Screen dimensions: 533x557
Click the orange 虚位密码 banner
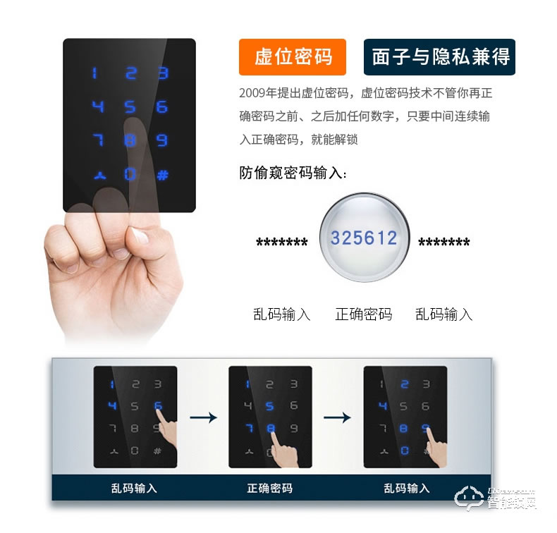(x=293, y=56)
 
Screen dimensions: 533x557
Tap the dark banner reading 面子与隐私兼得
(x=439, y=56)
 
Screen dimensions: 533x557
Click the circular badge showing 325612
(x=364, y=238)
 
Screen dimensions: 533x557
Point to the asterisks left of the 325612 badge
(x=282, y=243)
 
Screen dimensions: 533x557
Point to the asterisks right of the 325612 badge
(x=444, y=243)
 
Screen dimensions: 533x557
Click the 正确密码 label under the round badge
(x=363, y=314)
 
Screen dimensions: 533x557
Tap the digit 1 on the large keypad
(x=95, y=74)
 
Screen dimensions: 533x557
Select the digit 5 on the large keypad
(x=130, y=107)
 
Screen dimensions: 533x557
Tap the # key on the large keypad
(x=162, y=173)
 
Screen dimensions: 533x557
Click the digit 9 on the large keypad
(x=162, y=140)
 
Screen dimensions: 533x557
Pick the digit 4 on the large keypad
(x=97, y=107)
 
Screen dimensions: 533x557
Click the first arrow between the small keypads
(x=203, y=417)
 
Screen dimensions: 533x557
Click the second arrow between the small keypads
(x=337, y=417)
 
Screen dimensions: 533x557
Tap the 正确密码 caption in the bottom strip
(x=270, y=488)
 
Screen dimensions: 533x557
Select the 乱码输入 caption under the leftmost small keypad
(x=134, y=488)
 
